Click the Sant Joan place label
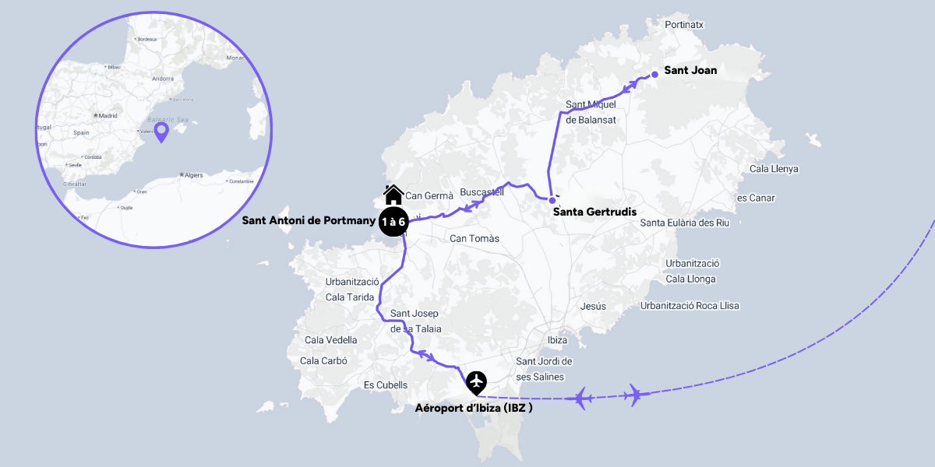(690, 70)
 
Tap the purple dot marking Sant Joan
(655, 74)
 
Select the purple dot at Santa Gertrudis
(552, 200)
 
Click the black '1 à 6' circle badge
(393, 222)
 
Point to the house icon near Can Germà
(393, 194)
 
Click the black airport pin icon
(476, 382)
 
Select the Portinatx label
(684, 25)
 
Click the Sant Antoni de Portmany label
(309, 221)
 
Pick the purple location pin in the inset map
(161, 132)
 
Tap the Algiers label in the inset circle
(194, 175)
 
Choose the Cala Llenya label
(773, 169)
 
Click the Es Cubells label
(386, 385)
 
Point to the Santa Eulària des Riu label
(684, 223)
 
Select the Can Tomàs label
(475, 239)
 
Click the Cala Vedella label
(331, 340)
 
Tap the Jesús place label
(593, 307)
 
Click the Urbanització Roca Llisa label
(690, 306)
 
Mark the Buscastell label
(482, 191)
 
